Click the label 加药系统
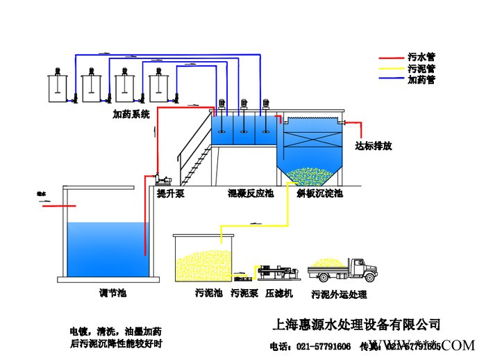pos(131,114)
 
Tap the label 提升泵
pos(170,194)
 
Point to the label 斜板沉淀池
pos(319,194)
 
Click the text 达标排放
pos(374,146)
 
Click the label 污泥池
pos(208,294)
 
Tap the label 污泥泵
pos(244,294)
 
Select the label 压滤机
pos(279,294)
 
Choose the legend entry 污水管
pos(421,58)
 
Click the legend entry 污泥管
pos(421,69)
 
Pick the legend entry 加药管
pos(421,80)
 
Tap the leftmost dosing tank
pos(56,86)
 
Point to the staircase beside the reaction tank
pos(194,157)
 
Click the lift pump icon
pos(160,180)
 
